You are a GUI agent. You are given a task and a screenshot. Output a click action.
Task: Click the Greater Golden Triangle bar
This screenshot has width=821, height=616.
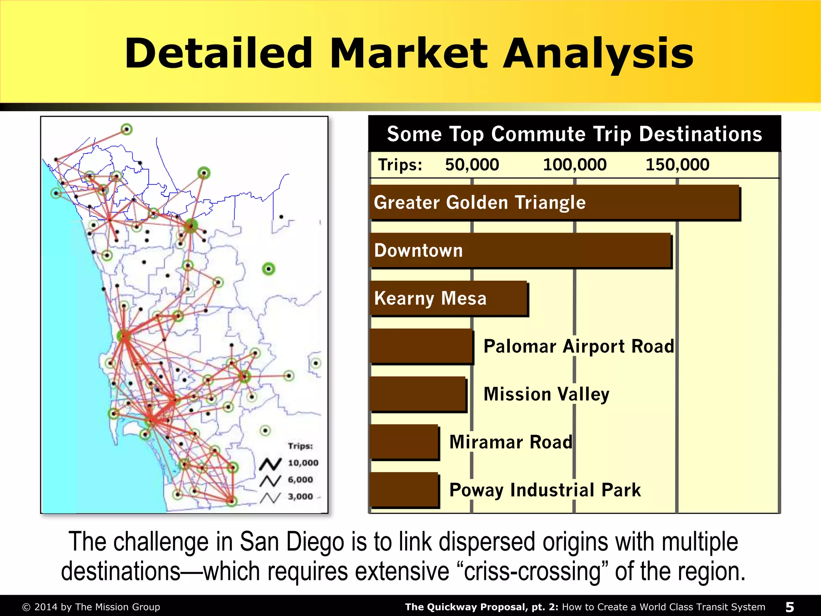[555, 203]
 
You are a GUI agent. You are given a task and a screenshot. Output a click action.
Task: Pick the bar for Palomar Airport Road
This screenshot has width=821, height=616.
[421, 346]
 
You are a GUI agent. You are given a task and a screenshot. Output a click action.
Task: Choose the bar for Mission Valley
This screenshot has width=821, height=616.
[418, 394]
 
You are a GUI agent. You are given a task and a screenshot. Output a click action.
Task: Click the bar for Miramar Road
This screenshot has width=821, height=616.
[404, 442]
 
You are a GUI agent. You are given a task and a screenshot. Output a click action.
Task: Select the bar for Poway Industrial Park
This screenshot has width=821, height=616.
[404, 490]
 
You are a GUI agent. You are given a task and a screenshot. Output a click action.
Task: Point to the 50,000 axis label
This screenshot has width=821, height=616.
[472, 165]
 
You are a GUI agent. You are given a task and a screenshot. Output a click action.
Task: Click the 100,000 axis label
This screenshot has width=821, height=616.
[574, 165]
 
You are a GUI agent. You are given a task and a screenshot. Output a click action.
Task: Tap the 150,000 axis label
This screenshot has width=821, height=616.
[677, 165]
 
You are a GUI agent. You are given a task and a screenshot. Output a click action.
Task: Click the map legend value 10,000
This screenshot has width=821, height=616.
[303, 463]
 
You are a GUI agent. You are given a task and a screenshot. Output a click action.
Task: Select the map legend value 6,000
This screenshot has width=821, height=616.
[300, 480]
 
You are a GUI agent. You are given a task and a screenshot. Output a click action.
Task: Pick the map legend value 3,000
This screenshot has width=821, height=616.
[300, 496]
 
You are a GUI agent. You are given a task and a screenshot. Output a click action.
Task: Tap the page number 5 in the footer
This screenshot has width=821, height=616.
[789, 607]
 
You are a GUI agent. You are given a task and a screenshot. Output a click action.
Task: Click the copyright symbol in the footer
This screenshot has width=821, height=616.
[26, 607]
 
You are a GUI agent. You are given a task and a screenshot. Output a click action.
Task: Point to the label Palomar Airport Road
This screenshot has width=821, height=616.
[579, 346]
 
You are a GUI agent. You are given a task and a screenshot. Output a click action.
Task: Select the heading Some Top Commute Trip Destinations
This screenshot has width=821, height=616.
[574, 134]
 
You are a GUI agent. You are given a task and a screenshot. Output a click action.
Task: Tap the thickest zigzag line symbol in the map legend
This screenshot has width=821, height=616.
[270, 464]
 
